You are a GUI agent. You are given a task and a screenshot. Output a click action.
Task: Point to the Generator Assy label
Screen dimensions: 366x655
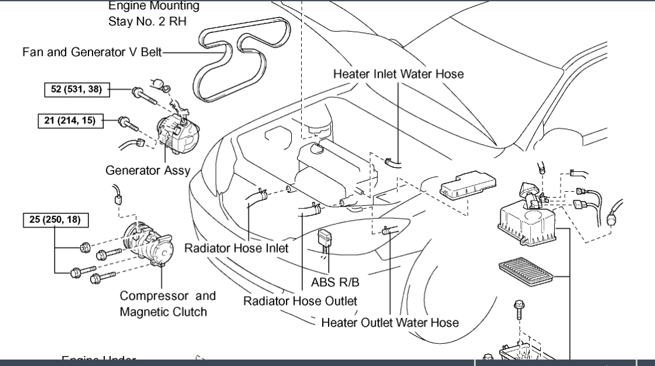(x=148, y=171)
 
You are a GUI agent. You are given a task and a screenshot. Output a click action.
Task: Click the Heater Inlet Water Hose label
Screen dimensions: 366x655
(x=398, y=74)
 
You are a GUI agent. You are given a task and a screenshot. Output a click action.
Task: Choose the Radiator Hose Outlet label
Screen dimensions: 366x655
(x=300, y=301)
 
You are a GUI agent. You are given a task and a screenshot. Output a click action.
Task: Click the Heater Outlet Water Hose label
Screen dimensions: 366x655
(x=390, y=322)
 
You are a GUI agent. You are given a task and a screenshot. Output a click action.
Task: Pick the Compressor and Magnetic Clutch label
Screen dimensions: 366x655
(x=168, y=303)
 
